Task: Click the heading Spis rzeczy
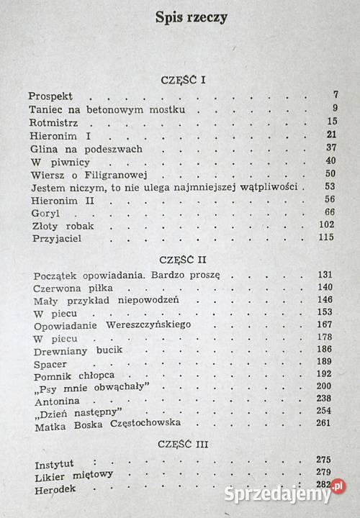[x=191, y=18]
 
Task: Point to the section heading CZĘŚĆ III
[x=184, y=445]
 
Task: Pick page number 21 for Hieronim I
[x=331, y=135]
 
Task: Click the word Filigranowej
[x=108, y=175]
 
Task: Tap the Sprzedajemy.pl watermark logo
[x=284, y=494]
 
